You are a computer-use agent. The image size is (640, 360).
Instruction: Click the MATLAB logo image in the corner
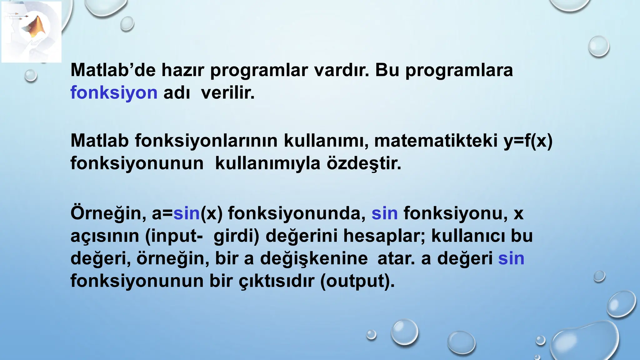coord(31,32)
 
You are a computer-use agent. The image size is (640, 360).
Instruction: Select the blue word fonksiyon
coord(114,93)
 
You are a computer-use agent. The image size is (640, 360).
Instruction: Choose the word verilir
coord(228,93)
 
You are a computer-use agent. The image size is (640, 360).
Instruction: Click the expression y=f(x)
coord(528,141)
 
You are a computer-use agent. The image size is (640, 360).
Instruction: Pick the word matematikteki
coord(436,141)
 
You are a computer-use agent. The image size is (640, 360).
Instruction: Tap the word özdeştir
coord(364,163)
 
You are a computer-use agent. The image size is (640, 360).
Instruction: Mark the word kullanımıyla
coord(268,163)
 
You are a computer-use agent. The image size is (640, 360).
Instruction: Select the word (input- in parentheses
coord(174,236)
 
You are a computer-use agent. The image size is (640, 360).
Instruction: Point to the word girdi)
coord(236,236)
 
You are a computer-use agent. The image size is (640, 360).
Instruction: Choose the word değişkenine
coord(314,259)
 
